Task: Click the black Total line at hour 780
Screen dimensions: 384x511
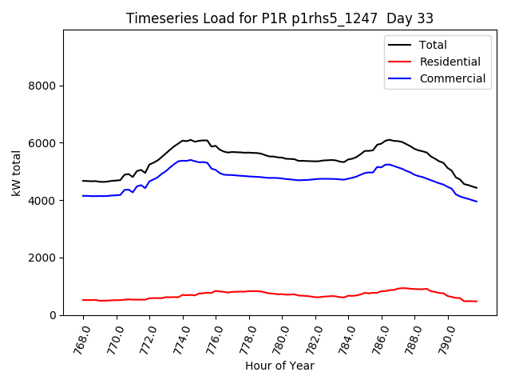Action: point(283,158)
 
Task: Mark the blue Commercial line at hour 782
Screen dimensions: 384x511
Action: point(315,179)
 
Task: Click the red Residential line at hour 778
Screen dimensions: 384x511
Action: point(250,291)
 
